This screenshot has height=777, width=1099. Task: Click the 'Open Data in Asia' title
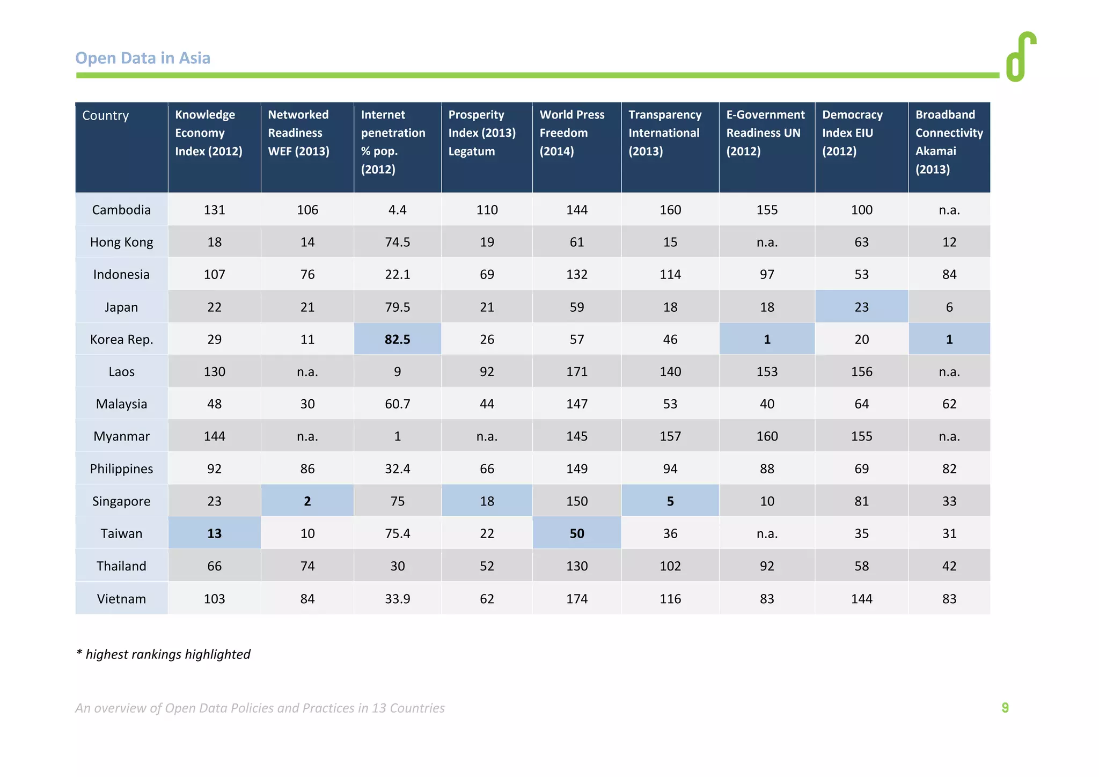coord(143,58)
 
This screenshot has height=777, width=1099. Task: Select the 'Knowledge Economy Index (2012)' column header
coord(209,133)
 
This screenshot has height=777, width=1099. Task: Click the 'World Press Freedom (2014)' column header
coord(572,133)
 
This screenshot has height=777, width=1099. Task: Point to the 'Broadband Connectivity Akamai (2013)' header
coord(949,142)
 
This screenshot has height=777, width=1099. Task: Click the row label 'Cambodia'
coord(121,210)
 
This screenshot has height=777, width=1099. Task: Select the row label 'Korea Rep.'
coord(121,339)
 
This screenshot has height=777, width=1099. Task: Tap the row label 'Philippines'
coord(121,469)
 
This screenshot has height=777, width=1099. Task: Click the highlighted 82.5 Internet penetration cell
coord(397,339)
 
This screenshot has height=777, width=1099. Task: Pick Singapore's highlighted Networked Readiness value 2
coord(307,501)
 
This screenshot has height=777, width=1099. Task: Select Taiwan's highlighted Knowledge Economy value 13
coord(214,533)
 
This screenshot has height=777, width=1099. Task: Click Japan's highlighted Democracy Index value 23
coord(861,307)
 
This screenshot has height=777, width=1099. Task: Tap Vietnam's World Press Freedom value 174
coord(577,599)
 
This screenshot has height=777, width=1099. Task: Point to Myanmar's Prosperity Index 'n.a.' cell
coord(487,436)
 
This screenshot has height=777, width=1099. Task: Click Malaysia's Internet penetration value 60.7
coord(397,404)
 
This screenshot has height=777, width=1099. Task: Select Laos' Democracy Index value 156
coord(861,372)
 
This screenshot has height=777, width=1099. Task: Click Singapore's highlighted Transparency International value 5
coord(670,501)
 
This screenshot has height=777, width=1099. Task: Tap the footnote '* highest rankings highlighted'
coord(163,654)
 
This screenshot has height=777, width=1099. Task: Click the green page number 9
coord(1005,708)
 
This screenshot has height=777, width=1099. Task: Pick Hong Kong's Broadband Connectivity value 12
coord(949,242)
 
